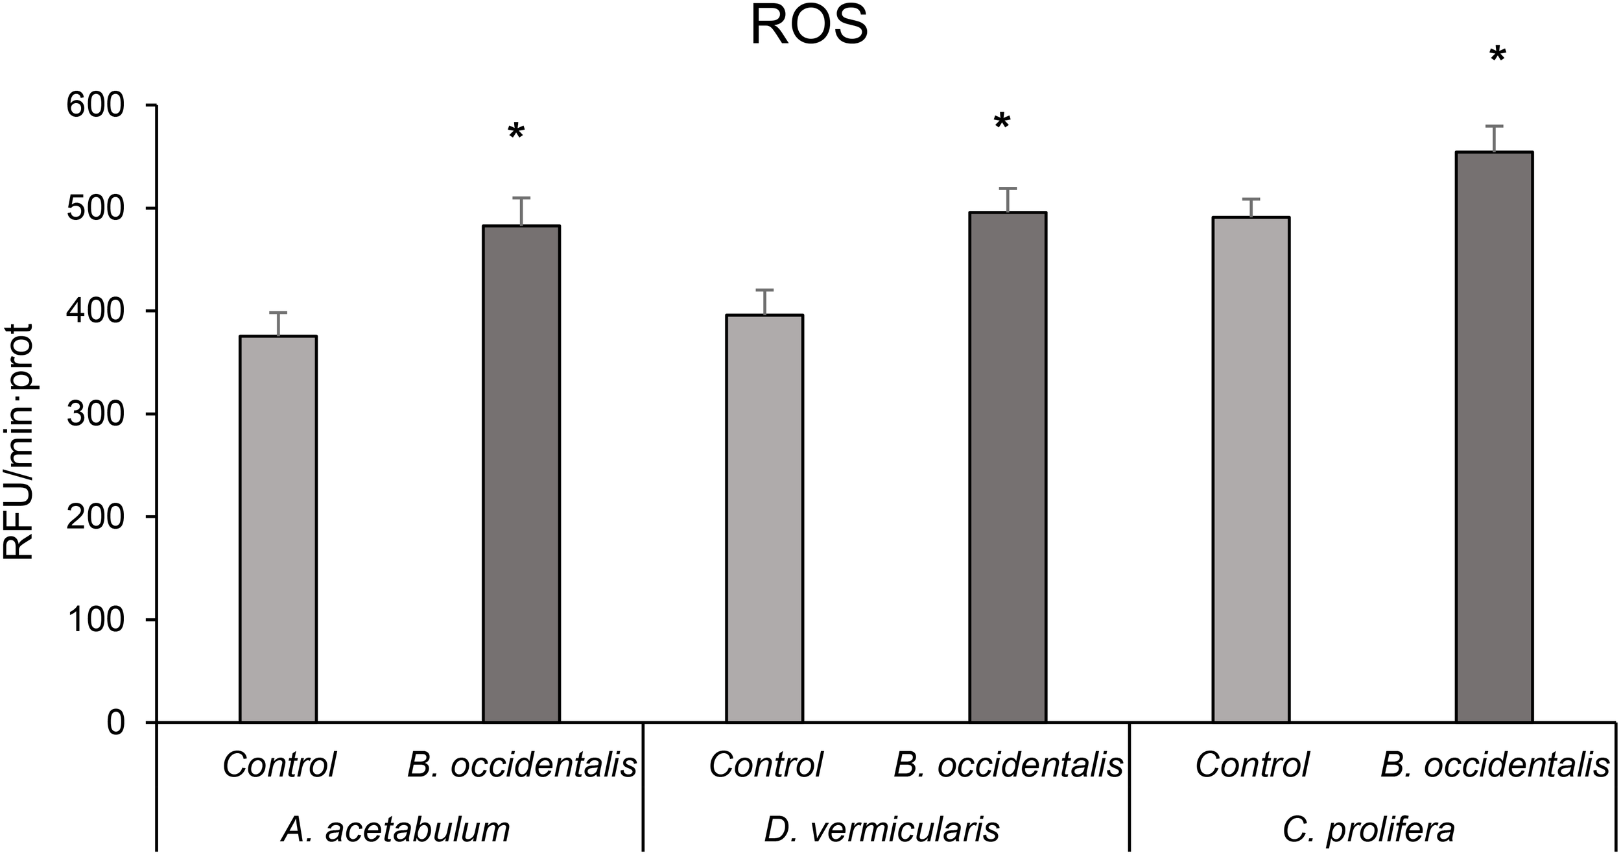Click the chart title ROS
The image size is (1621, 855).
click(x=809, y=27)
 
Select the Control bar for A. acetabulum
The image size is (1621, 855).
click(x=278, y=529)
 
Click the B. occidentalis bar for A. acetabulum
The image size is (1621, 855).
click(x=521, y=474)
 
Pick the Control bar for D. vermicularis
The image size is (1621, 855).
click(x=764, y=519)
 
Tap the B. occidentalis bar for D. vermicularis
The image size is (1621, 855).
click(x=1008, y=467)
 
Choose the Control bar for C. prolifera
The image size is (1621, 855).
click(x=1251, y=470)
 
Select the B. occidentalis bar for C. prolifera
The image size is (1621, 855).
click(x=1494, y=437)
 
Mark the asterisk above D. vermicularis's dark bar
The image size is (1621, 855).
click(x=1002, y=122)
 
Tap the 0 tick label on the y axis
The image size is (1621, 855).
click(x=115, y=723)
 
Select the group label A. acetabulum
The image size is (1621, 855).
click(x=396, y=830)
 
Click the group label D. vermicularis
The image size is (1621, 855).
click(x=882, y=830)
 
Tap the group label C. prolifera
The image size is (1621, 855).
click(x=1368, y=830)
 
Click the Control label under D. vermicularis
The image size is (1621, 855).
click(x=765, y=765)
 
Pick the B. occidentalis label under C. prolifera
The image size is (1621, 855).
click(x=1495, y=765)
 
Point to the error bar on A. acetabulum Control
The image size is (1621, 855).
click(x=278, y=324)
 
